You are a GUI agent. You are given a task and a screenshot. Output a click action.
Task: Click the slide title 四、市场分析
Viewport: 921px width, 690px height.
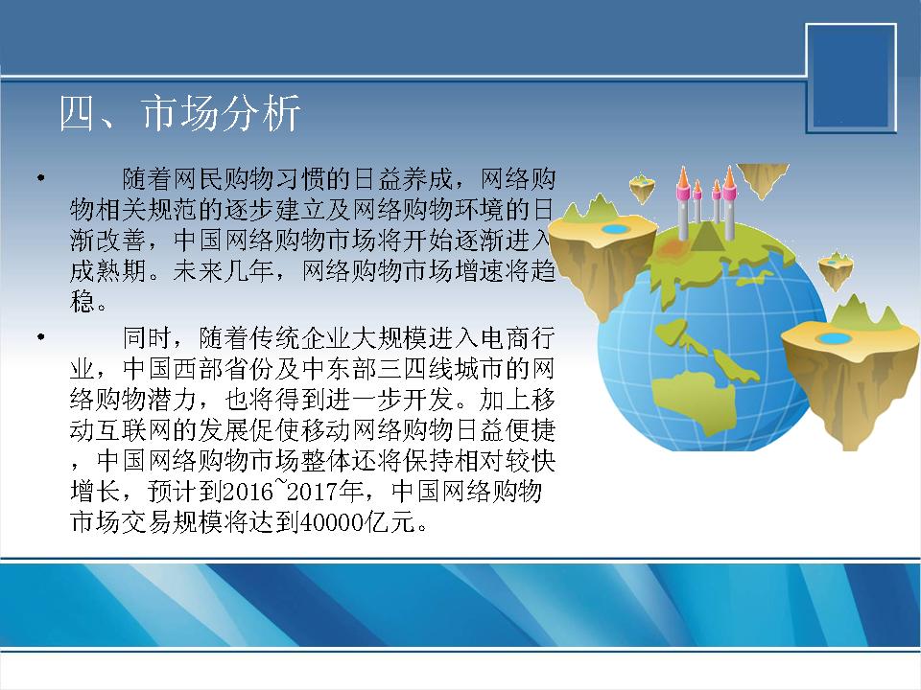[179, 113]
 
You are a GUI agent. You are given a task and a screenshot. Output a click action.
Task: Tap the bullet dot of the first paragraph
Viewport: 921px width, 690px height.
[40, 176]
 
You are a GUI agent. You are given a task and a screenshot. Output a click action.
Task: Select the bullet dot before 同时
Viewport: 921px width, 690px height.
[40, 336]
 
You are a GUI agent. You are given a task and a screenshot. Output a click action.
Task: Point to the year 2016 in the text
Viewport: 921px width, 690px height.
[248, 491]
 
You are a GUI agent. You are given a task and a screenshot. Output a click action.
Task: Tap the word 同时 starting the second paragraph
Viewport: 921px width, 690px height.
[148, 338]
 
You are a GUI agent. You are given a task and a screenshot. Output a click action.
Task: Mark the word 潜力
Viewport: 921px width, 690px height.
[175, 399]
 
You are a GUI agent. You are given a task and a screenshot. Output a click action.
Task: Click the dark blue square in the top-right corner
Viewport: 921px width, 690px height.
[851, 78]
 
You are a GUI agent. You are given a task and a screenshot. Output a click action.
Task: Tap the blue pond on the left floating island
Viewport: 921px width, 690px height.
[614, 228]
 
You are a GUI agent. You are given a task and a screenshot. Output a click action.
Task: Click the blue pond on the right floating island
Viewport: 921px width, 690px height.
[831, 338]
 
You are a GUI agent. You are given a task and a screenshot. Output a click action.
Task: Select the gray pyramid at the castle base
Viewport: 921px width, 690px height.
[702, 237]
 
